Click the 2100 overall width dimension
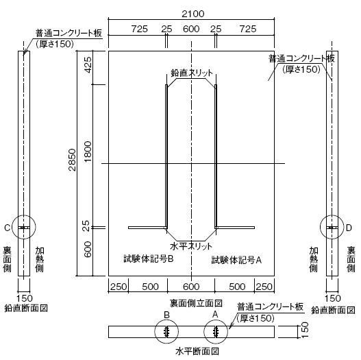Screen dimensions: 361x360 click(193, 14)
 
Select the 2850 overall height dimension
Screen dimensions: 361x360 click(73, 160)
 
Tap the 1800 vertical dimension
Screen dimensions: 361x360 click(88, 152)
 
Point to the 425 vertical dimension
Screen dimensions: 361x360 click(88, 65)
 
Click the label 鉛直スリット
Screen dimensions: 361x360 click(192, 73)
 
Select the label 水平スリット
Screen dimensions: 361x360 click(191, 246)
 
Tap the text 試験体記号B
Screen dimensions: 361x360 click(149, 259)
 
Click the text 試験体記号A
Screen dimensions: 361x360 click(236, 260)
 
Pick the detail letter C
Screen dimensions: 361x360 click(7, 228)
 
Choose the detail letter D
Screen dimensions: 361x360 click(349, 228)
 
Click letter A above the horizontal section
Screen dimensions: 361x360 click(215, 314)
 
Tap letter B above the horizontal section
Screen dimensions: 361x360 click(166, 315)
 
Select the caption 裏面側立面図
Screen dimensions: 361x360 click(196, 303)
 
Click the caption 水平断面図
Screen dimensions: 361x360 click(197, 352)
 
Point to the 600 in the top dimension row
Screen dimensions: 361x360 click(191, 29)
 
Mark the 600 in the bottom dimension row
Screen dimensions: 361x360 click(191, 287)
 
